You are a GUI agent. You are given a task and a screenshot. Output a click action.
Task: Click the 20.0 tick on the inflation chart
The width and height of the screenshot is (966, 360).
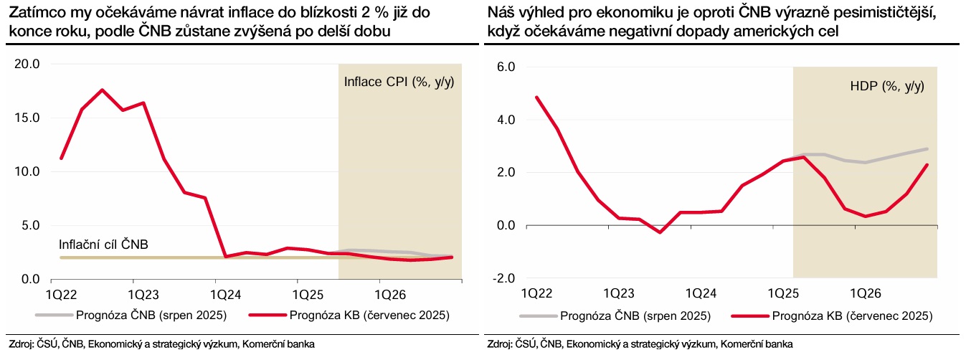point(27,65)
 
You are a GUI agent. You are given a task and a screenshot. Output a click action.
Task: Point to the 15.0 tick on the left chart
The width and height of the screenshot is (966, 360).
point(27,118)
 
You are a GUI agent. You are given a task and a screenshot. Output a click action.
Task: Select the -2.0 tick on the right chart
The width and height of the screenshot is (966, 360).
point(503,278)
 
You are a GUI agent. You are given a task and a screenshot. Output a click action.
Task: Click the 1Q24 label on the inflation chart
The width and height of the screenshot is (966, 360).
point(225,295)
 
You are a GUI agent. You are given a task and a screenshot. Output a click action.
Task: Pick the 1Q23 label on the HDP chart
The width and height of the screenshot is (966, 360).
point(618,294)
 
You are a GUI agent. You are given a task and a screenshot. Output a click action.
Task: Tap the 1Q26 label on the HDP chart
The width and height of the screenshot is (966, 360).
point(866,294)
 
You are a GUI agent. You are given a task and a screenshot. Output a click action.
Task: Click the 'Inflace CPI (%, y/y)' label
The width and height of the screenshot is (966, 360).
point(399,81)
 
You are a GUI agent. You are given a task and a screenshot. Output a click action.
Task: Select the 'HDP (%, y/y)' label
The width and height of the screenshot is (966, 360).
point(886,86)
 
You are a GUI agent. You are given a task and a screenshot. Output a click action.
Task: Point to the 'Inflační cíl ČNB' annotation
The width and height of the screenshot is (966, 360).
point(103,245)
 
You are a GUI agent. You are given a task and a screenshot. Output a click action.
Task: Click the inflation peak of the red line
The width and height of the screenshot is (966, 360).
point(102,90)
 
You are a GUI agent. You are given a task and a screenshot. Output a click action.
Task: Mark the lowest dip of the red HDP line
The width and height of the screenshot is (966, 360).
point(660,232)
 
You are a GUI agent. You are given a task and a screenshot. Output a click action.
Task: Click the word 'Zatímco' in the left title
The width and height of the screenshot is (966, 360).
point(33,13)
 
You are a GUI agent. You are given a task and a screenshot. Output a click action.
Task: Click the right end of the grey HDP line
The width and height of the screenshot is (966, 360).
point(928,149)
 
